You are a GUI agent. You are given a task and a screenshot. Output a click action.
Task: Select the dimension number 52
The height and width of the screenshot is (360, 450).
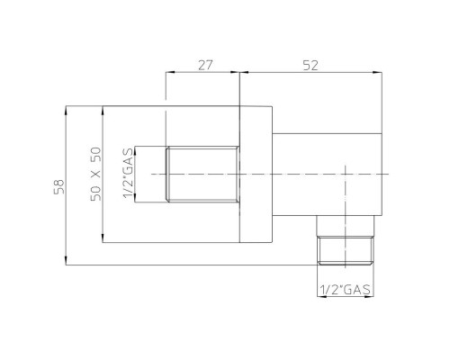click(x=312, y=65)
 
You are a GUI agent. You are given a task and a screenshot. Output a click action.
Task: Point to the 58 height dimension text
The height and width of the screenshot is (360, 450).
click(x=58, y=187)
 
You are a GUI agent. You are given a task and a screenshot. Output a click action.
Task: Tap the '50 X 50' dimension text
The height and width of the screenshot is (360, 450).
click(x=95, y=175)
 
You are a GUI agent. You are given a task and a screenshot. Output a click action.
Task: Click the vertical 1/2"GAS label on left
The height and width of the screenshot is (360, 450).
click(x=130, y=174)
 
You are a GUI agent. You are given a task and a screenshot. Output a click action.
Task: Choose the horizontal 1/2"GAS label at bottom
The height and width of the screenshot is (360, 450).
click(x=346, y=290)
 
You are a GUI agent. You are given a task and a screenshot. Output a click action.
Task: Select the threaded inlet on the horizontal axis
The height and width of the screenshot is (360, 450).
click(x=202, y=174)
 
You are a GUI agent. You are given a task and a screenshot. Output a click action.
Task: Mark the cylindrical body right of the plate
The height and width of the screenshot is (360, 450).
click(x=326, y=173)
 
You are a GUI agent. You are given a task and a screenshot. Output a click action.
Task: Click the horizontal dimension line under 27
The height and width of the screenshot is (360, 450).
click(x=202, y=76)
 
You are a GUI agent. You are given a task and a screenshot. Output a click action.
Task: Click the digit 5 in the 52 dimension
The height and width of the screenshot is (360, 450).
click(x=307, y=65)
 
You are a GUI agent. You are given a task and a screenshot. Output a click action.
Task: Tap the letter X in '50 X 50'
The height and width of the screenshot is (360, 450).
click(x=95, y=175)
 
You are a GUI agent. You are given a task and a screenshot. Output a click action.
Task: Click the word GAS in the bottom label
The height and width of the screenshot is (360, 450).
click(x=357, y=290)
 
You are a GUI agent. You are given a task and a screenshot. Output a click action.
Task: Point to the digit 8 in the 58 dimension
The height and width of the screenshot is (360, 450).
click(x=58, y=182)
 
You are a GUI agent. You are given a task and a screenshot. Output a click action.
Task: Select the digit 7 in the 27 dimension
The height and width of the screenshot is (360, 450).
click(x=208, y=65)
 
